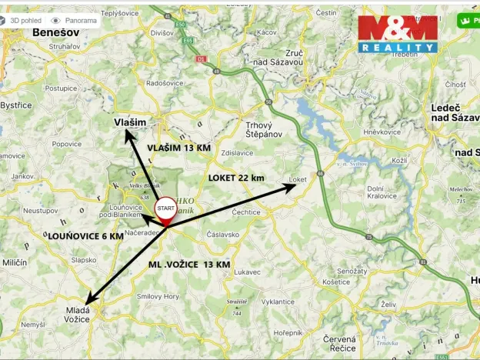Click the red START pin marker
[x=165, y=212]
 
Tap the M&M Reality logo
[x=398, y=33]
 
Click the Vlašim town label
[x=130, y=122]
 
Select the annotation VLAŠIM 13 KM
[x=178, y=148]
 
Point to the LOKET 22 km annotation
[x=236, y=178]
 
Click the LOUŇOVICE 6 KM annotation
[x=85, y=237]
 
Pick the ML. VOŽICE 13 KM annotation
[x=189, y=264]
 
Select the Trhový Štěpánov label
[x=263, y=129]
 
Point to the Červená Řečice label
[x=339, y=344]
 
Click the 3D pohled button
[x=22, y=21]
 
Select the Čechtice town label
[x=246, y=212]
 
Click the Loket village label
[x=298, y=180]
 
